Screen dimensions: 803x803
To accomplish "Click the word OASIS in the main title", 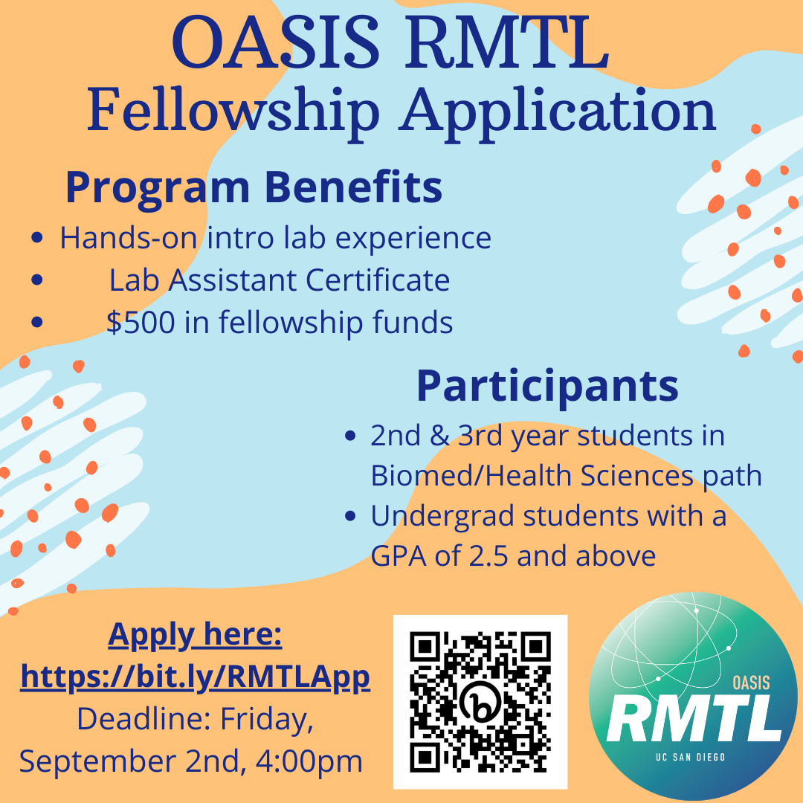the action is [x=276, y=43].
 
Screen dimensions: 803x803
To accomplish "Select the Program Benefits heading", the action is [x=254, y=187].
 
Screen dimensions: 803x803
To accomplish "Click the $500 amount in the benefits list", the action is [x=141, y=322].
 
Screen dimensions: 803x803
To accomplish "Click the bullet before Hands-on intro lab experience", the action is [x=37, y=238].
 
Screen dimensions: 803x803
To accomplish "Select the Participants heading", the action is [x=547, y=386].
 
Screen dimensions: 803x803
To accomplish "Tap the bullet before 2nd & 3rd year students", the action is [x=350, y=436].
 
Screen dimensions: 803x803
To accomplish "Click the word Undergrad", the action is [x=442, y=517].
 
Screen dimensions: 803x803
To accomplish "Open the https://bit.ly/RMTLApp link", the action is [x=195, y=677].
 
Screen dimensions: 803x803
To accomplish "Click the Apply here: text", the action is [x=195, y=635].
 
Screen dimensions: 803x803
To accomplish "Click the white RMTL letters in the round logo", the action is [x=694, y=721].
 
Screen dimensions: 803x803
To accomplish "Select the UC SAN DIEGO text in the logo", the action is [x=690, y=757].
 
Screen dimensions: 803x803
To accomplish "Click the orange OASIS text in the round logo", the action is [x=751, y=683].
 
